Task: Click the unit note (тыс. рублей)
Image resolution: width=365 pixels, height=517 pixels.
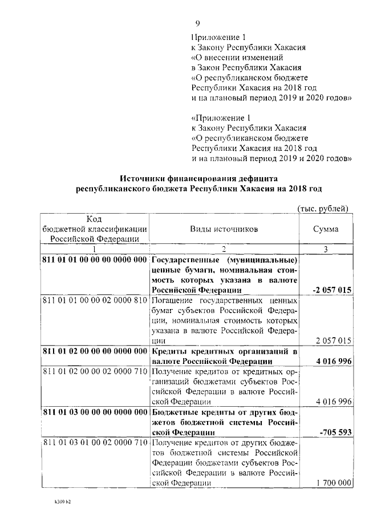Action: point(323,209)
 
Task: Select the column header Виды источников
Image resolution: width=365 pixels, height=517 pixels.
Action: point(224,229)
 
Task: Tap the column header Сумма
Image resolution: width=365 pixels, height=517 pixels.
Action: point(326,229)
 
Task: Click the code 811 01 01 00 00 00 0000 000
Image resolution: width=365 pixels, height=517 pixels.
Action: point(95,260)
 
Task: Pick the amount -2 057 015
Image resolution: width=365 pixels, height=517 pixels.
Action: point(332,290)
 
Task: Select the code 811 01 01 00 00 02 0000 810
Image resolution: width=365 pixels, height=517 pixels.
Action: point(95,300)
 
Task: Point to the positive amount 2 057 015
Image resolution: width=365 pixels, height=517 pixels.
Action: point(333,340)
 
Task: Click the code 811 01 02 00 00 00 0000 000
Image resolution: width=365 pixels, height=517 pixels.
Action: point(95,351)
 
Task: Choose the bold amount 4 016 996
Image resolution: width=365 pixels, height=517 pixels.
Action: point(333,361)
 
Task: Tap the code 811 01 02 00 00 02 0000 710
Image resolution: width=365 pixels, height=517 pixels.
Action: point(95,371)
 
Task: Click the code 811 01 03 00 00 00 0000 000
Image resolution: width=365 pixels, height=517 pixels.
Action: point(95,412)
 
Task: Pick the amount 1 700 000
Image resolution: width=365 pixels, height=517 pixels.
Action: point(333,483)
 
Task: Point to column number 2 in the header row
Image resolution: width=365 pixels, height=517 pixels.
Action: point(224,249)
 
